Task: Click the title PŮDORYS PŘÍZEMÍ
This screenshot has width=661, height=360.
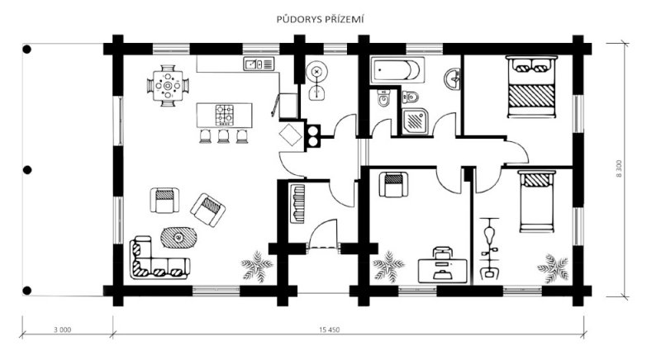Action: point(320,19)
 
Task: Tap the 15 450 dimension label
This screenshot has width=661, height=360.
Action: point(329,329)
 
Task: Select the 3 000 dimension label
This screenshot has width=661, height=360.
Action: point(63,329)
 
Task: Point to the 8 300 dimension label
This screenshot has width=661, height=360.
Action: point(619,168)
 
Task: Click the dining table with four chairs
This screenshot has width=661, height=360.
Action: point(168,86)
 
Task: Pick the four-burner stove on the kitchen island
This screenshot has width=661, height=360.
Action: point(225,115)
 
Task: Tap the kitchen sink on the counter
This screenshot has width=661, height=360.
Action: point(259,64)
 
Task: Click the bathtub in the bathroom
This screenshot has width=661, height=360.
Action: point(396,70)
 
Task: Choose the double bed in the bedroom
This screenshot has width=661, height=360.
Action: point(531,87)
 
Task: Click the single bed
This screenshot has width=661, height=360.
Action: point(536,201)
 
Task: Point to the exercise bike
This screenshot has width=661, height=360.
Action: point(489,248)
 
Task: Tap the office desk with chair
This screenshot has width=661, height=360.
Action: point(442,266)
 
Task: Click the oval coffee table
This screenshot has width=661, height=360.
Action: point(178,238)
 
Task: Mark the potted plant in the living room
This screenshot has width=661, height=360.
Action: point(257,267)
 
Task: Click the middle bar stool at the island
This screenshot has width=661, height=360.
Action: point(223,136)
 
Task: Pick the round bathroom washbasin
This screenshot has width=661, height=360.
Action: point(452,78)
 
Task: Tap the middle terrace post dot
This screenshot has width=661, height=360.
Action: point(27,170)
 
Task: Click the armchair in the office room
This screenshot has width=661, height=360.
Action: point(393,184)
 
